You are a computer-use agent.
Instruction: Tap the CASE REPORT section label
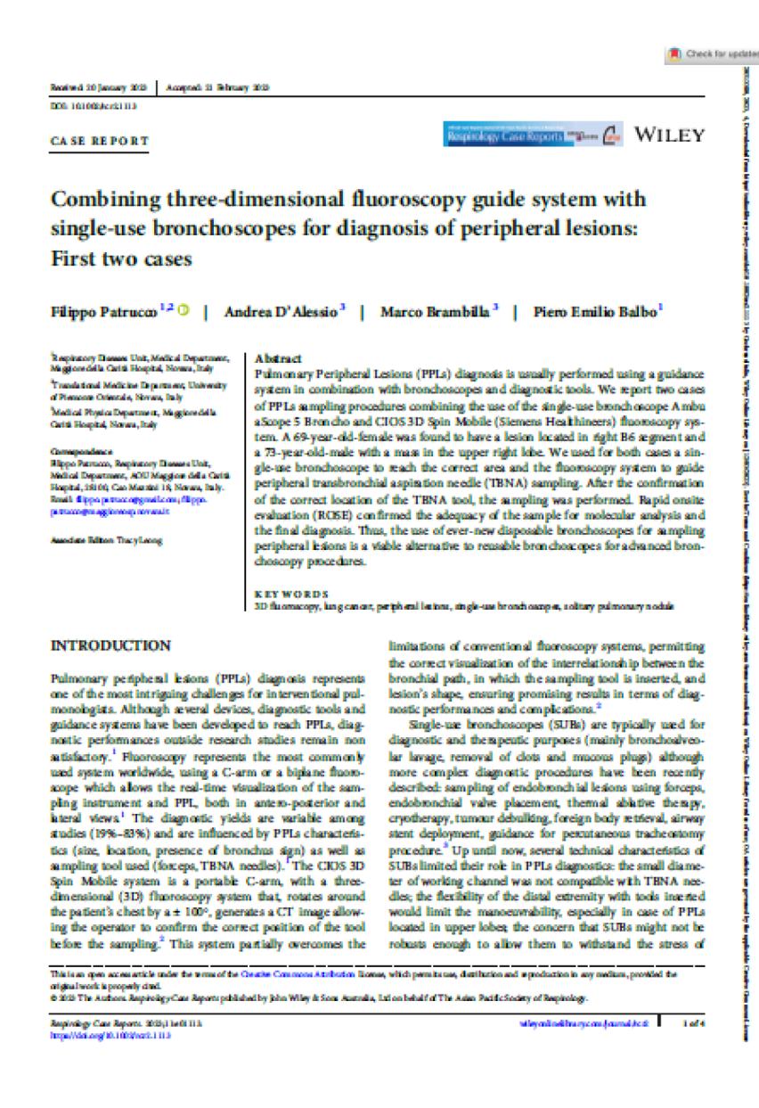(98, 140)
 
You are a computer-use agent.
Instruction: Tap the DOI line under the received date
(86, 104)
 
